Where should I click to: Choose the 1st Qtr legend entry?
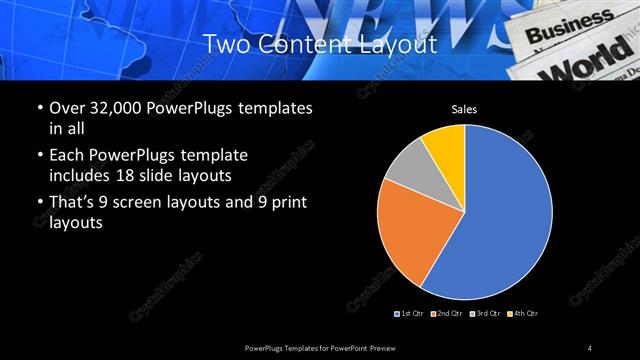point(409,314)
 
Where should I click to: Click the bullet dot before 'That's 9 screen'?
point(39,204)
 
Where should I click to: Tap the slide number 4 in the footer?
point(589,347)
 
